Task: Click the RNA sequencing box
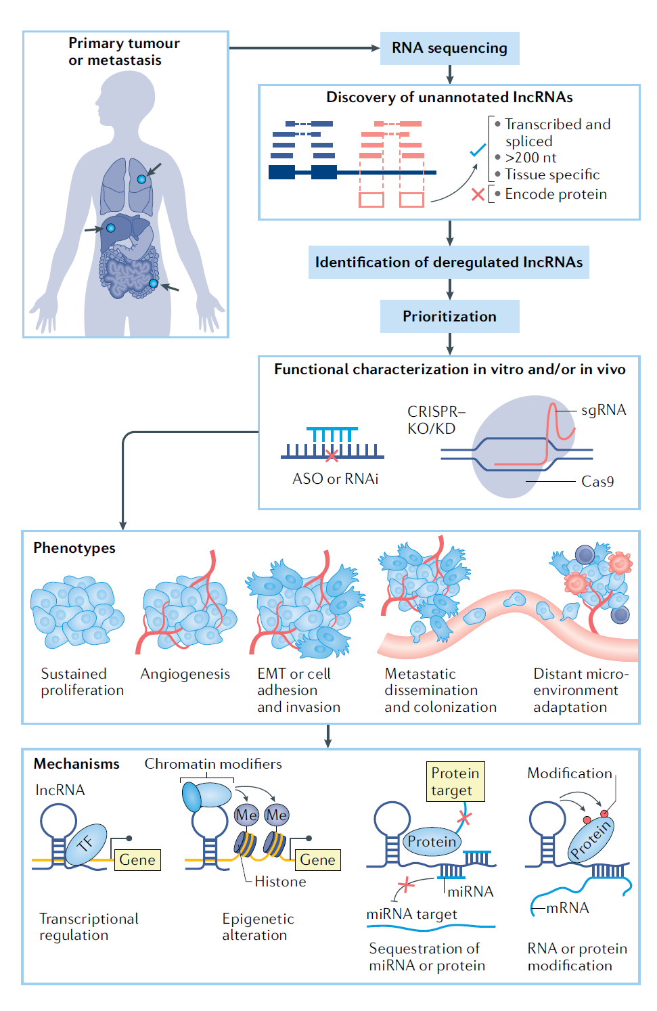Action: pyautogui.click(x=449, y=48)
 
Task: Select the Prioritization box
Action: pyautogui.click(x=449, y=316)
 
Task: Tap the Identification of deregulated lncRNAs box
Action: pyautogui.click(x=449, y=262)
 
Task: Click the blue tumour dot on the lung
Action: pyautogui.click(x=141, y=179)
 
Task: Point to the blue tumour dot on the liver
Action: pyautogui.click(x=110, y=228)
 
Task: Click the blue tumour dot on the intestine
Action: pyautogui.click(x=154, y=284)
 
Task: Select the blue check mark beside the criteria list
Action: pyautogui.click(x=478, y=150)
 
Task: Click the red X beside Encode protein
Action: pyautogui.click(x=478, y=195)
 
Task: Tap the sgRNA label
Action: pyautogui.click(x=603, y=410)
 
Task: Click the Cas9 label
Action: pyautogui.click(x=597, y=481)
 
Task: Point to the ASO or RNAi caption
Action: pyautogui.click(x=335, y=478)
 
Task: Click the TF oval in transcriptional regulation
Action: pyautogui.click(x=86, y=844)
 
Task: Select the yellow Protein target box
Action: pyautogui.click(x=455, y=782)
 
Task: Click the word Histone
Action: pyautogui.click(x=280, y=881)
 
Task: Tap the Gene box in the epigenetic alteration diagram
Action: pyautogui.click(x=317, y=859)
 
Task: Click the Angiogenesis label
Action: pyautogui.click(x=185, y=674)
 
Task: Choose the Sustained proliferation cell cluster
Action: pyautogui.click(x=76, y=612)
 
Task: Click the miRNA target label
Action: pyautogui.click(x=411, y=914)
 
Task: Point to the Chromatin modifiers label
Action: pyautogui.click(x=213, y=763)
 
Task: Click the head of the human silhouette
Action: pyautogui.click(x=125, y=98)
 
